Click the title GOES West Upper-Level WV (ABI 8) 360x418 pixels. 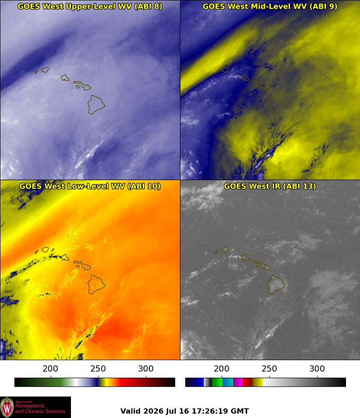(x=90, y=7)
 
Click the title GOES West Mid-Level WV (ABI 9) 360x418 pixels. (x=270, y=7)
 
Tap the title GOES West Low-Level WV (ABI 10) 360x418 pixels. (x=90, y=186)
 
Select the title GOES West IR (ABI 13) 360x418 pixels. (x=270, y=186)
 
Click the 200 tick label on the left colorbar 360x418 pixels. (x=50, y=368)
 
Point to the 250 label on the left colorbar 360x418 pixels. (x=98, y=368)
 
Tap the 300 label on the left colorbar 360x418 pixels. (x=146, y=368)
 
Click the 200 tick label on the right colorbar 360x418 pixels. (x=222, y=368)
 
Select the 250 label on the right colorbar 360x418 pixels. (x=269, y=368)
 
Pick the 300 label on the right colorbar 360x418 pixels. (x=317, y=368)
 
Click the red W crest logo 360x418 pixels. (x=7, y=407)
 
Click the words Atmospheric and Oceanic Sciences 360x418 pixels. (x=40, y=408)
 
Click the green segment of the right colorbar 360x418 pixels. (x=217, y=382)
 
